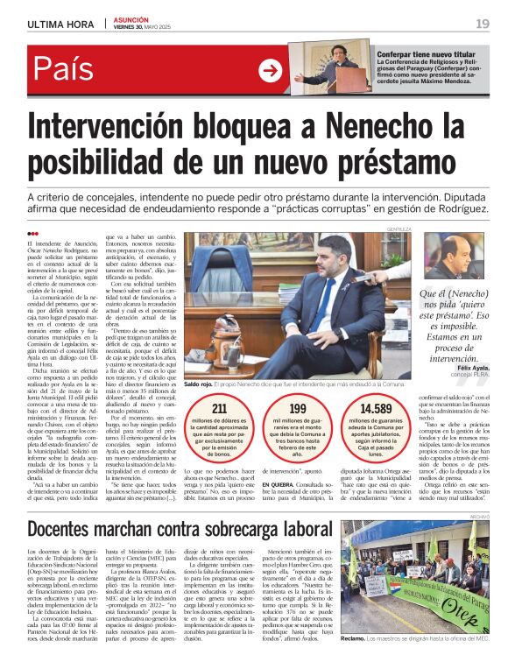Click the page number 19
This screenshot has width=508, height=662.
click(x=483, y=23)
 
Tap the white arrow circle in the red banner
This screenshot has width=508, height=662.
click(x=271, y=70)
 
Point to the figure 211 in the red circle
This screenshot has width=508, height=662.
click(x=220, y=408)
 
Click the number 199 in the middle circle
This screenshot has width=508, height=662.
click(x=298, y=408)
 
